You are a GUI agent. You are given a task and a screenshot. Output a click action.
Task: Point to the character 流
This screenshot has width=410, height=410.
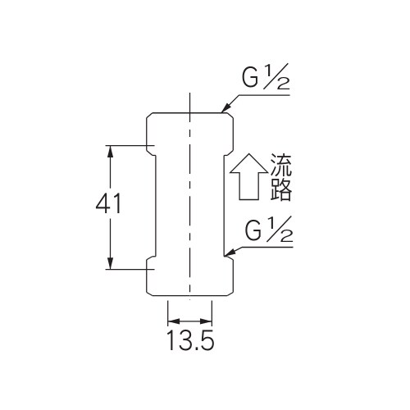280,166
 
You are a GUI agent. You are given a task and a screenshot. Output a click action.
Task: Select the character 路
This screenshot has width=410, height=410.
280,190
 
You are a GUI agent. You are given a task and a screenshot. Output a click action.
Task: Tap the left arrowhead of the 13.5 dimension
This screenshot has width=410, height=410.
171,322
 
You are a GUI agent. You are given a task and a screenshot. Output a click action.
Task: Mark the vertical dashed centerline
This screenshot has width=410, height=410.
189,205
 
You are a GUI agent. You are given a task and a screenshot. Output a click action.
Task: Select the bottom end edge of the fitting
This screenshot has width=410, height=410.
189,296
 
